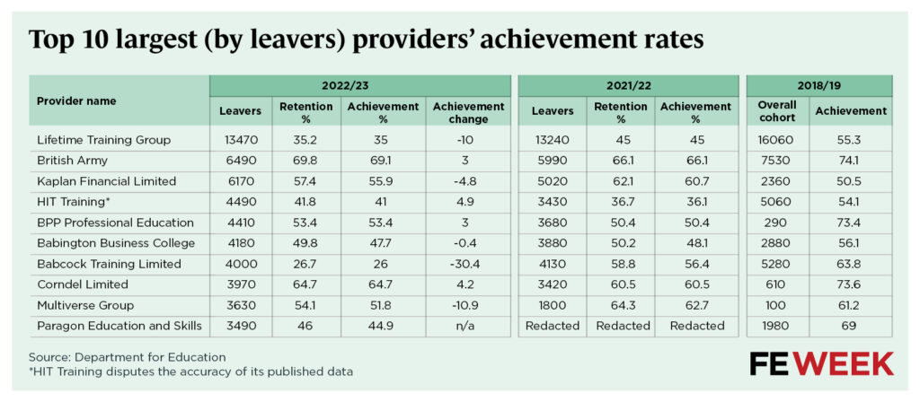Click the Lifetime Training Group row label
[x=103, y=139]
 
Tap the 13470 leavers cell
[x=240, y=139]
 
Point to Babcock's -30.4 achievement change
[x=468, y=263]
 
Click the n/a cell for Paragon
[x=468, y=325]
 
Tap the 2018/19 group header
[x=818, y=85]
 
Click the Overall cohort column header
[x=778, y=111]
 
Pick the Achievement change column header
[x=468, y=112]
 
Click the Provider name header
[x=76, y=100]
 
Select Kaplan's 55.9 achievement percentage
[x=382, y=180]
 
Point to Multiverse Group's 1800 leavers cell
[x=553, y=304]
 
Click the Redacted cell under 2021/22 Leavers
[x=553, y=325]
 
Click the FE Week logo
[x=821, y=363]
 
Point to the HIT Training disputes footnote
[x=190, y=371]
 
